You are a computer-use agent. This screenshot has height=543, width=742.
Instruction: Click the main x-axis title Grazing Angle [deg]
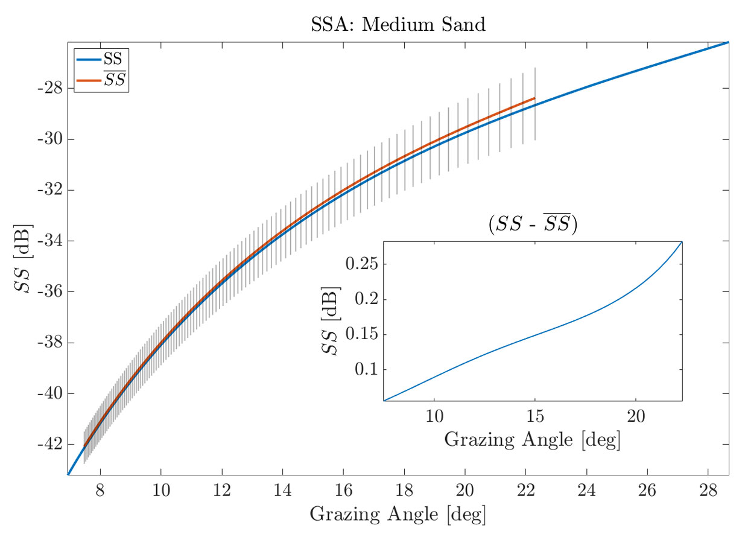tap(398, 515)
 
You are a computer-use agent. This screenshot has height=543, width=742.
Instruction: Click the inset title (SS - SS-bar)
tap(532, 225)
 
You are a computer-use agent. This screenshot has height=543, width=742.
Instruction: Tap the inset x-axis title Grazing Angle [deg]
tap(532, 440)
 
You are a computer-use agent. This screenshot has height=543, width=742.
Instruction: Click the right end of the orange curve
tap(534, 98)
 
